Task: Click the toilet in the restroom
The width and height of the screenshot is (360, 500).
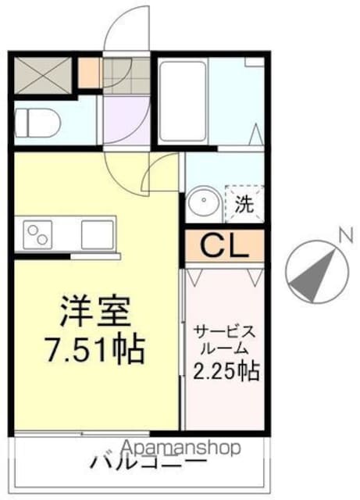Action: click(x=37, y=123)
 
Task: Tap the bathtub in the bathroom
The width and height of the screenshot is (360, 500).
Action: click(x=183, y=101)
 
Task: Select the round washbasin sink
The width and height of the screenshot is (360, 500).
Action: click(x=204, y=204)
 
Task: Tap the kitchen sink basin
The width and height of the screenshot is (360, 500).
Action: click(x=98, y=234)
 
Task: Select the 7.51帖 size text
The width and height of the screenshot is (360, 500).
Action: click(x=95, y=348)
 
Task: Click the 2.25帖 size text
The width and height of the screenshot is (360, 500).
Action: click(x=226, y=371)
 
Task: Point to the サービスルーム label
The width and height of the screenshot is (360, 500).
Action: click(x=226, y=340)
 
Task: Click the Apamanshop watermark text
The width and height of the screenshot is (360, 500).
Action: click(x=181, y=448)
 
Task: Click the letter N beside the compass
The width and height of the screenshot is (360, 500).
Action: click(x=346, y=236)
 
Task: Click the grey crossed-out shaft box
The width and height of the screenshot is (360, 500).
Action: click(x=43, y=75)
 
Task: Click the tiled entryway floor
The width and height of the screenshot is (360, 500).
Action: click(x=127, y=76)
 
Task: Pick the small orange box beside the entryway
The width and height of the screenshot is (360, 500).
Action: click(x=89, y=73)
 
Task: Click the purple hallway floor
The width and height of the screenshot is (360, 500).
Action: click(x=127, y=120)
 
